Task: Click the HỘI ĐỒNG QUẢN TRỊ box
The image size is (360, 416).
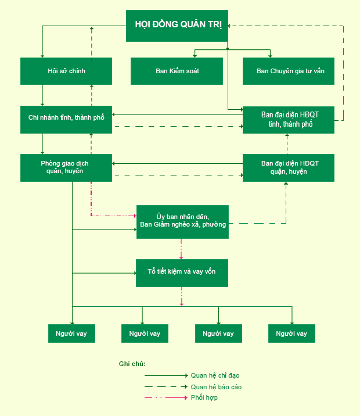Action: pos(178,26)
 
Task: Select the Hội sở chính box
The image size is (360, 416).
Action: pos(66,71)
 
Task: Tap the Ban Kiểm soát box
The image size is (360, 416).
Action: pos(177,71)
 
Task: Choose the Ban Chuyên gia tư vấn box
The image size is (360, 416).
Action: pos(288,71)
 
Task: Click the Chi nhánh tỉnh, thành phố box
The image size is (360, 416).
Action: pos(66,118)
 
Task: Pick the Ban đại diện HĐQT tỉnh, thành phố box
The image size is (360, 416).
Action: pos(288,120)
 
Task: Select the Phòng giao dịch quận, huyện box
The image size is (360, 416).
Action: pos(66,167)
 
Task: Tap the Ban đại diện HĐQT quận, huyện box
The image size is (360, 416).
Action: pos(288,167)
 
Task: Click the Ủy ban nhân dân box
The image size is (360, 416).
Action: pos(182,221)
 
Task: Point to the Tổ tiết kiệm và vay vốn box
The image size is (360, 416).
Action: pos(182,272)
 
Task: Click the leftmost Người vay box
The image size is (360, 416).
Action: pos(71,333)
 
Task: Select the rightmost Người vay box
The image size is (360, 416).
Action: pos(291,333)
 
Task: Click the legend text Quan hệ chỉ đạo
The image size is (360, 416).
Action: pos(215,376)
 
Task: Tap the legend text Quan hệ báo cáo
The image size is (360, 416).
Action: pos(216,387)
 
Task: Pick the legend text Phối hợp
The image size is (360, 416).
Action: pos(204,398)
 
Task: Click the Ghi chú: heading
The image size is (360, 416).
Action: pos(132,364)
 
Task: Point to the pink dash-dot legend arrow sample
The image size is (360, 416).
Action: pos(166,398)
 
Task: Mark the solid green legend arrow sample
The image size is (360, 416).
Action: pos(166,376)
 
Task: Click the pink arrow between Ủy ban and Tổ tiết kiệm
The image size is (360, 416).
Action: pos(182,249)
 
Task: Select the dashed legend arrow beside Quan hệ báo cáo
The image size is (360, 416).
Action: pos(166,387)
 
